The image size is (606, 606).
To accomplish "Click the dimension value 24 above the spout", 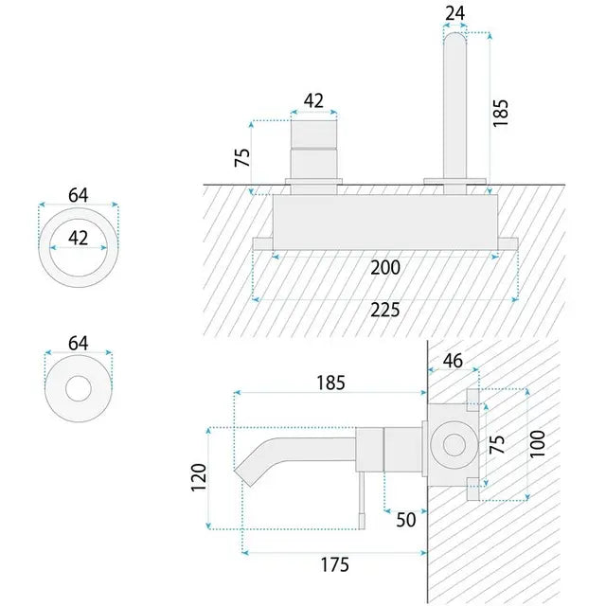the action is click(454, 13).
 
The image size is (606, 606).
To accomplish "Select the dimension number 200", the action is click(385, 267).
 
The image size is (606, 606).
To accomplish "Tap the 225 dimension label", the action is click(385, 310).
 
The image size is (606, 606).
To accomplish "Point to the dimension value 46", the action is click(453, 361).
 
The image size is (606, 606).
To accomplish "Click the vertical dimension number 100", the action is click(537, 444).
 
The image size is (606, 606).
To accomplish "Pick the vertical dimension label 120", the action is click(199, 477).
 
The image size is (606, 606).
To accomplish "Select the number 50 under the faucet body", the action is click(406, 520).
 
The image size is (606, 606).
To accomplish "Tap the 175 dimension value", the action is click(334, 564).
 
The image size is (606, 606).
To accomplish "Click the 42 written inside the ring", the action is click(78, 238).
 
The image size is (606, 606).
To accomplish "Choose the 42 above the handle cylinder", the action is click(313, 101).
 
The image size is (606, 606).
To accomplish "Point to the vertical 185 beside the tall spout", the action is click(500, 113).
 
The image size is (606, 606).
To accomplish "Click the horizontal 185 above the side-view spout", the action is click(330, 383).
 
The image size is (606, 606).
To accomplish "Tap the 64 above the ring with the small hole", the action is click(78, 343).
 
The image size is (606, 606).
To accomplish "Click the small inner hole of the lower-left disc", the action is click(79, 388).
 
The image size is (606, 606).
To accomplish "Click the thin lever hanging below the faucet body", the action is click(362, 501).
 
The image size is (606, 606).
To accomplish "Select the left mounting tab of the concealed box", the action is click(263, 244).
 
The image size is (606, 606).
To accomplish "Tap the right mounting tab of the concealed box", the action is click(508, 244).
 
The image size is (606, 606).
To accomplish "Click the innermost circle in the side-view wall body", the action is click(454, 445).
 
